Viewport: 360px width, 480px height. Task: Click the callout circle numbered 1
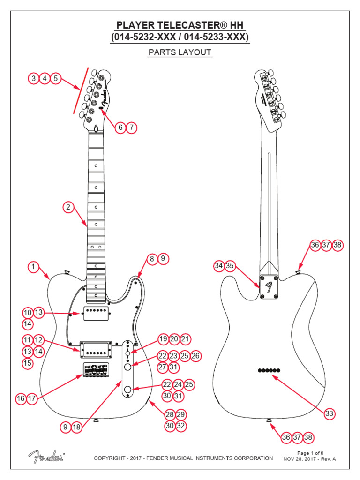[x=33, y=267]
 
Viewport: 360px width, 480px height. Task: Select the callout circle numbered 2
[x=68, y=207]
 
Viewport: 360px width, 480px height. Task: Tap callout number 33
[x=330, y=413]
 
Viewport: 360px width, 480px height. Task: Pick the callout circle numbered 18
[x=77, y=427]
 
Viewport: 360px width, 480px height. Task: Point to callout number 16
[x=21, y=399]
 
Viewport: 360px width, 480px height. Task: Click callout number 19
[x=163, y=339]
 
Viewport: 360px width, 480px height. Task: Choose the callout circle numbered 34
[x=218, y=266]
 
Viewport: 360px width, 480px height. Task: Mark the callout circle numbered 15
[x=28, y=363]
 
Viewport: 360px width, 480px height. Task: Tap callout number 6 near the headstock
[x=120, y=127]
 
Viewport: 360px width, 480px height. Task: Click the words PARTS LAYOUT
[x=180, y=52]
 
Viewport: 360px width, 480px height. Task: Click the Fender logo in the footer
[x=46, y=456]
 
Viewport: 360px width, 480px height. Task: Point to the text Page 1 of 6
[x=310, y=453]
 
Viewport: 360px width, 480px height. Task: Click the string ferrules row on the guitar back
[x=269, y=370]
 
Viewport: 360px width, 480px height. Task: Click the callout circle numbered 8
[x=151, y=258]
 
